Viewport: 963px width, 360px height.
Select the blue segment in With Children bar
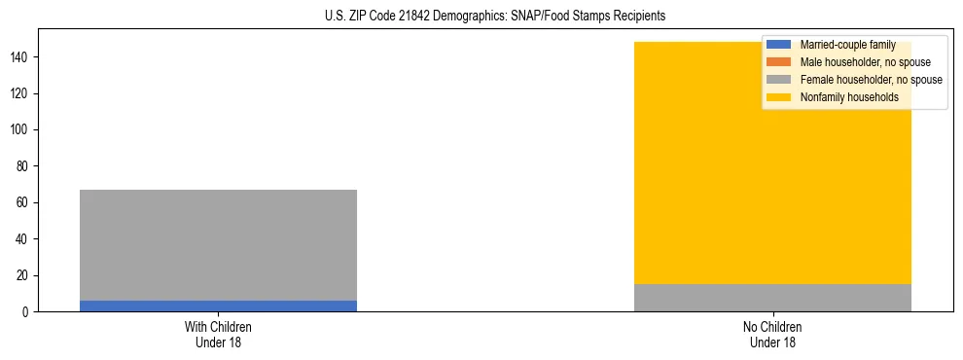218,306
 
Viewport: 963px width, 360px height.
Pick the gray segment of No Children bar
772,298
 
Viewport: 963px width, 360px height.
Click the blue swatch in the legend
779,45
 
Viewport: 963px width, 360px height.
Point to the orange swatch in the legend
779,62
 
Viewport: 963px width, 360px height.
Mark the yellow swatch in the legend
779,97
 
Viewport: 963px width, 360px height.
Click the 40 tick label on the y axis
25,239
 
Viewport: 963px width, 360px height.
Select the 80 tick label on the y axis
25,166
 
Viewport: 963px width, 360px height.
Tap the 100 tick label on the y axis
22,130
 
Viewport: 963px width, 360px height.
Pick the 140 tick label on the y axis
22,57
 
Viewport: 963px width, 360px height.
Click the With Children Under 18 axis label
218,334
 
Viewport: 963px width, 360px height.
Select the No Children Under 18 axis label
772,334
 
